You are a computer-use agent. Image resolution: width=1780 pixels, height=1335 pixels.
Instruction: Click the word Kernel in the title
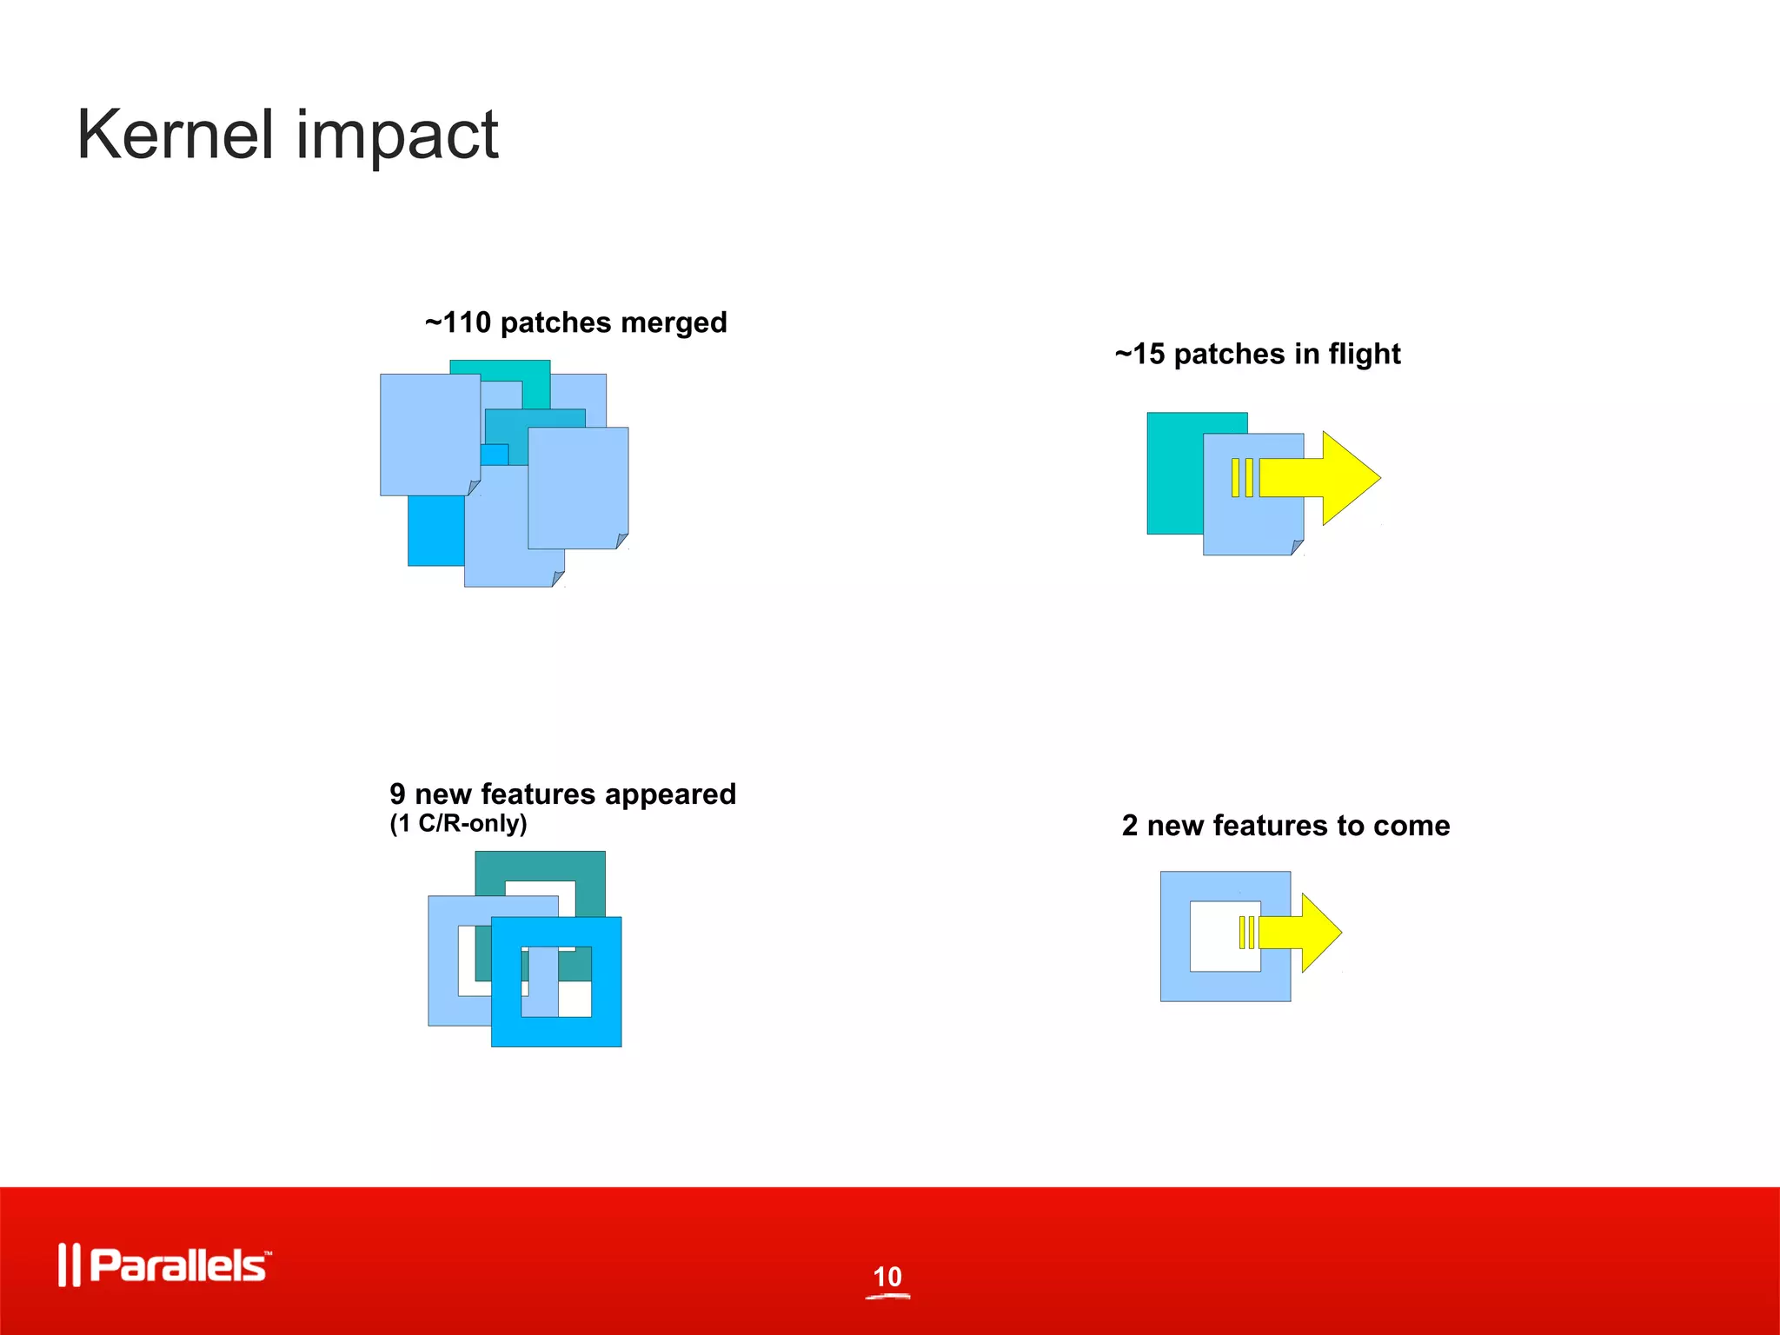click(x=175, y=135)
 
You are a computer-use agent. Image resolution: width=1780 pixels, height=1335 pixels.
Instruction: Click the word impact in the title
click(x=397, y=137)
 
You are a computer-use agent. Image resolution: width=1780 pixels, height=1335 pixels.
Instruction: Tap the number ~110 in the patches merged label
click(x=458, y=322)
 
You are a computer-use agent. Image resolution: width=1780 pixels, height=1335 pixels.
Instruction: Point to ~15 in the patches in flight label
click(x=1139, y=354)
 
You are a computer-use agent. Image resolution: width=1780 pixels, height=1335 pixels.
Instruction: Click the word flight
click(x=1365, y=355)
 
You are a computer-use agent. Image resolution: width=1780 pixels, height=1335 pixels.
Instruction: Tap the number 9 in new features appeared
click(x=397, y=794)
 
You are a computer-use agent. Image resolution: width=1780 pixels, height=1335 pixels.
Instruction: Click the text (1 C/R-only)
click(x=458, y=823)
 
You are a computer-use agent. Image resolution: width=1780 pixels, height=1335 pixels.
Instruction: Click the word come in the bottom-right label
click(x=1411, y=825)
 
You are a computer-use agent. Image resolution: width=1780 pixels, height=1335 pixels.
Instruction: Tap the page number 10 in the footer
click(x=887, y=1277)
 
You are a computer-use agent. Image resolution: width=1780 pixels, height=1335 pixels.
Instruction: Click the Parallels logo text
click(x=178, y=1265)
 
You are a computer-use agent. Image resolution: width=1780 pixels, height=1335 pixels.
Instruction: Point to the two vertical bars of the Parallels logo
click(x=69, y=1265)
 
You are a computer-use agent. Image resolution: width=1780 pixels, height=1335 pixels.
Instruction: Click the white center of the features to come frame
click(x=1213, y=937)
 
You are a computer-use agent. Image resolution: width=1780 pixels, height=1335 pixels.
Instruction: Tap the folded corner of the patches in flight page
click(x=1298, y=548)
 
